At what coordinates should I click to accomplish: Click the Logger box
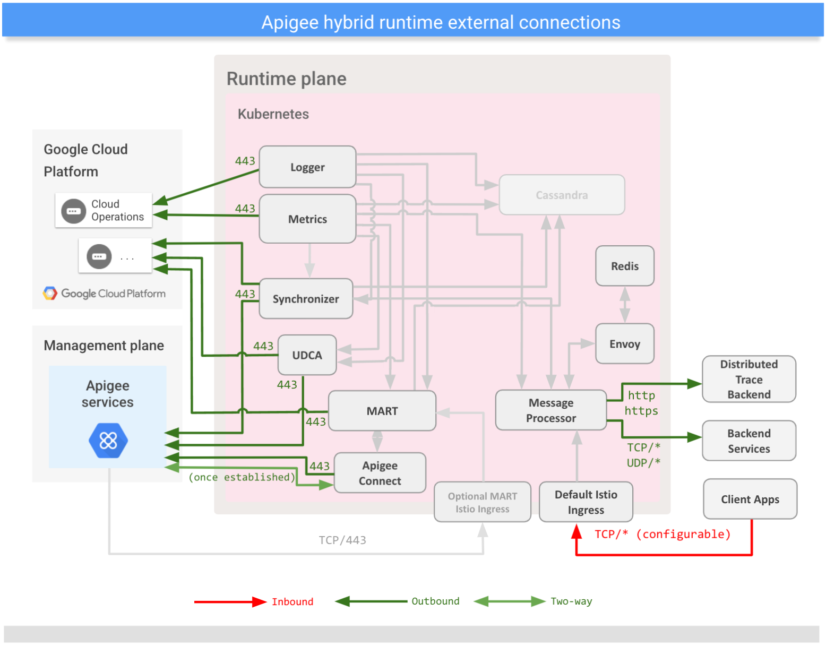(x=307, y=167)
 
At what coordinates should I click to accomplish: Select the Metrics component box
(x=307, y=219)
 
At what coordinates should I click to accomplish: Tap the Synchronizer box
(x=306, y=299)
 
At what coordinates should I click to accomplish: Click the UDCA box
(x=307, y=355)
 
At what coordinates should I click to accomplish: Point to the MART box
(x=382, y=411)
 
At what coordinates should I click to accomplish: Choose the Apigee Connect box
(x=380, y=473)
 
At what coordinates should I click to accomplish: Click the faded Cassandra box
(x=562, y=195)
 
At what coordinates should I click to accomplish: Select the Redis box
(x=624, y=266)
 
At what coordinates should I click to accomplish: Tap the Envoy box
(x=624, y=344)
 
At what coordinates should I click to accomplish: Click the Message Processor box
(x=550, y=410)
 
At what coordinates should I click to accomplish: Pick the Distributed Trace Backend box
(x=748, y=379)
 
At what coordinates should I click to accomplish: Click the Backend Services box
(x=748, y=441)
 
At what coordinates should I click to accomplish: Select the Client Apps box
(x=750, y=499)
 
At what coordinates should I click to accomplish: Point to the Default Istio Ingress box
(x=586, y=502)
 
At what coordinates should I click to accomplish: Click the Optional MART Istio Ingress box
(x=482, y=502)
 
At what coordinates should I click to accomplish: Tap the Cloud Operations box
(x=104, y=210)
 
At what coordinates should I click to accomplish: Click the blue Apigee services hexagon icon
(x=108, y=441)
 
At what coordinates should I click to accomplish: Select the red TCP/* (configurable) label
(x=662, y=534)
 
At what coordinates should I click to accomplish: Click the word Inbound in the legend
(x=292, y=601)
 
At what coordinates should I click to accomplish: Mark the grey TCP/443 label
(x=342, y=540)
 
